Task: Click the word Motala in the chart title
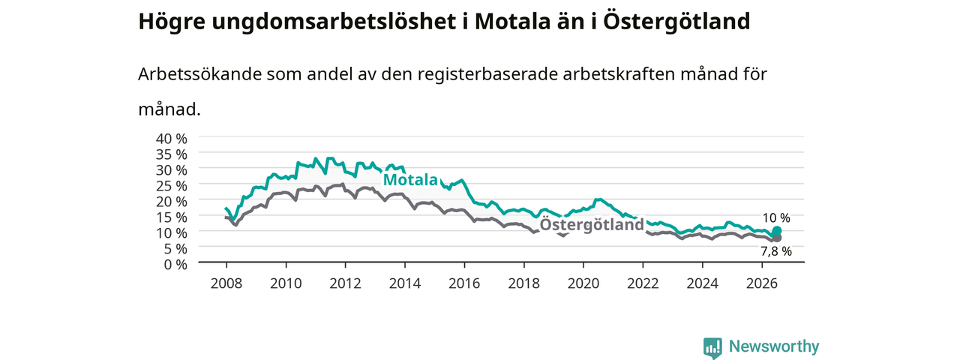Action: (x=512, y=22)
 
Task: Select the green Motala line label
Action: (x=410, y=179)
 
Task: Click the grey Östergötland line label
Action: (x=592, y=224)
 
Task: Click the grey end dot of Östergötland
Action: (x=776, y=238)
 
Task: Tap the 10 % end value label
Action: (x=776, y=218)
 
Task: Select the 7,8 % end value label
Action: (x=776, y=251)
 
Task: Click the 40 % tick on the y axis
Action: (x=172, y=139)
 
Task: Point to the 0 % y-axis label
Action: (x=175, y=265)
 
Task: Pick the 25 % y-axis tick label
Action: (x=172, y=186)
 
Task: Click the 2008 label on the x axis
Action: (x=226, y=283)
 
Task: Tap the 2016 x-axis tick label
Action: (x=464, y=283)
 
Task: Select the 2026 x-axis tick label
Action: (x=762, y=283)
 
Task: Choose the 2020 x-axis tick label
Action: (x=583, y=283)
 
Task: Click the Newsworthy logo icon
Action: (x=712, y=347)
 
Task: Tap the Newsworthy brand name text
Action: (x=774, y=346)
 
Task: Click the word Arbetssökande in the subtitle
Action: (x=199, y=74)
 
